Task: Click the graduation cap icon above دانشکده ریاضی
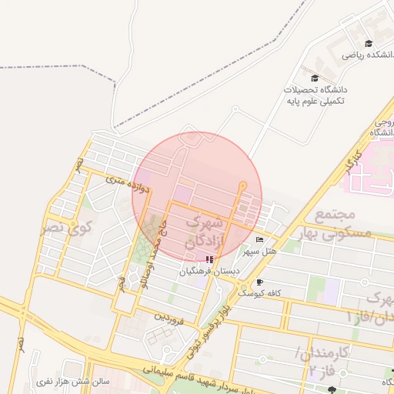pyautogui.click(x=369, y=43)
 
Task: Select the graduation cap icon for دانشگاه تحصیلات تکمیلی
pyautogui.click(x=314, y=78)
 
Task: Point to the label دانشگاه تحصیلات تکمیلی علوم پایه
pyautogui.click(x=316, y=95)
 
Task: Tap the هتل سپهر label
pyautogui.click(x=259, y=251)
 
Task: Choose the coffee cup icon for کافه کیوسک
pyautogui.click(x=259, y=282)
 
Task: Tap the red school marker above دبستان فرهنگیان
pyautogui.click(x=209, y=260)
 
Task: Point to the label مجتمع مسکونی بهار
pyautogui.click(x=343, y=223)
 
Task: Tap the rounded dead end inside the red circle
pyautogui.click(x=243, y=185)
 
